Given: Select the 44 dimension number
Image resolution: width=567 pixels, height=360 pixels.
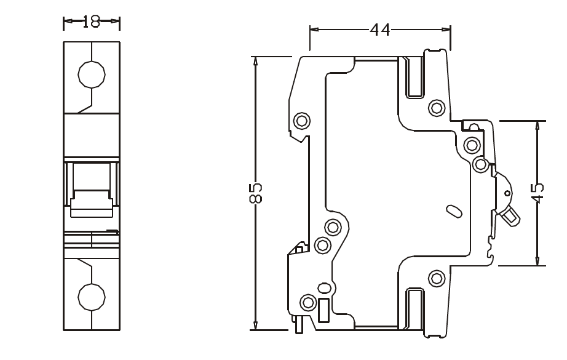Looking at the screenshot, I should tap(380, 29).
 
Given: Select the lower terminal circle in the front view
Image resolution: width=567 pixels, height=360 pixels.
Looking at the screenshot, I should tap(92, 296).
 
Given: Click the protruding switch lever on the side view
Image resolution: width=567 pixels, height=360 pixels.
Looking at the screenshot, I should tap(510, 215).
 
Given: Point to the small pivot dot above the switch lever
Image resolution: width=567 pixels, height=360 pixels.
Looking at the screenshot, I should tap(507, 193).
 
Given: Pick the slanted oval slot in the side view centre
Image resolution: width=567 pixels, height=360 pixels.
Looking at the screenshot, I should tap(454, 211).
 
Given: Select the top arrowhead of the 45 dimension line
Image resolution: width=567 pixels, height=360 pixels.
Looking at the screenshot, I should tap(538, 125).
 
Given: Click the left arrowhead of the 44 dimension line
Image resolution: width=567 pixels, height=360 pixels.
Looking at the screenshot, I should tap(314, 29).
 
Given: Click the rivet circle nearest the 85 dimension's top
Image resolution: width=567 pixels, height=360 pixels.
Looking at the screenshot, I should tap(301, 120).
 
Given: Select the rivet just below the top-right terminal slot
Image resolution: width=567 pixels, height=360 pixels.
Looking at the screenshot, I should tap(437, 108).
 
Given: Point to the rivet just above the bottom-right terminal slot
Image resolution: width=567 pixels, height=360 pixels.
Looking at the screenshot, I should tap(437, 278).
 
